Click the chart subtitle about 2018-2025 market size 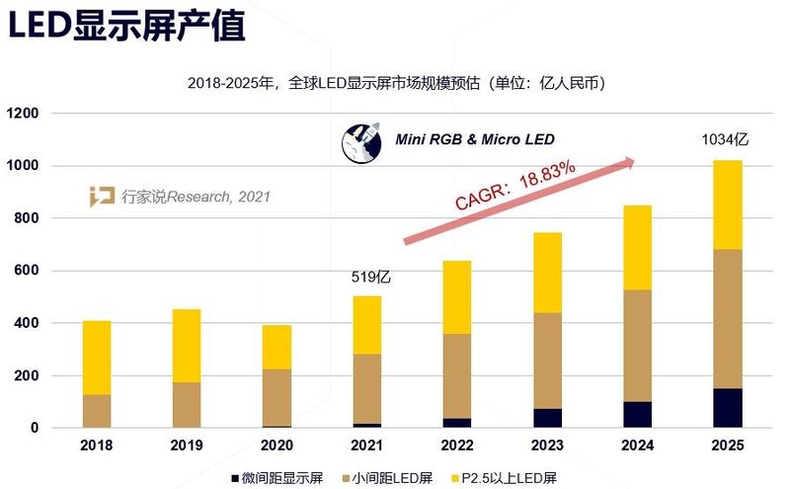396,83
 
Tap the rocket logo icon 360,143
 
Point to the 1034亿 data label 725,139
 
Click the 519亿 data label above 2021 372,278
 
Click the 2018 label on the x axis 96,446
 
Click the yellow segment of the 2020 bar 276,347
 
